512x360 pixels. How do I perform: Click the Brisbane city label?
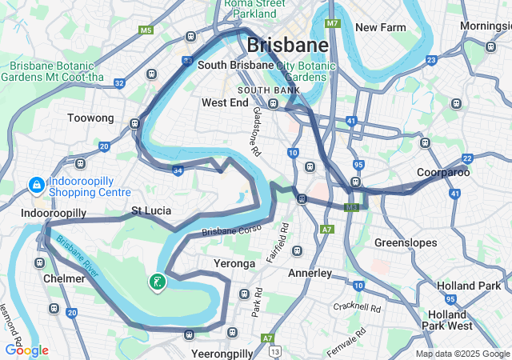[287, 45]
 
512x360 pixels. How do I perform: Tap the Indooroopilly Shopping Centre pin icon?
[36, 186]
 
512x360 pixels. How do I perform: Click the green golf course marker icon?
[158, 281]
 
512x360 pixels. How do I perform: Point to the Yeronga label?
[234, 263]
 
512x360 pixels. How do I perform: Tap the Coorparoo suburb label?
[443, 172]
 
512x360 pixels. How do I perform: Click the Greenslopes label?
[407, 242]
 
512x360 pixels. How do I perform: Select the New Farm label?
[381, 27]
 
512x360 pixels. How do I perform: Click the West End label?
[225, 102]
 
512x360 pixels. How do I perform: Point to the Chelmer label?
[65, 278]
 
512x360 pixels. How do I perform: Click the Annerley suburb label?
[310, 274]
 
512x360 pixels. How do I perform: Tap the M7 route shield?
[333, 23]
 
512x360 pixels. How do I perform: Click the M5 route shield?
[146, 30]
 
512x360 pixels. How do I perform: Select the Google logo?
[26, 350]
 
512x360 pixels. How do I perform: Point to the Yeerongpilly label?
[222, 353]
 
